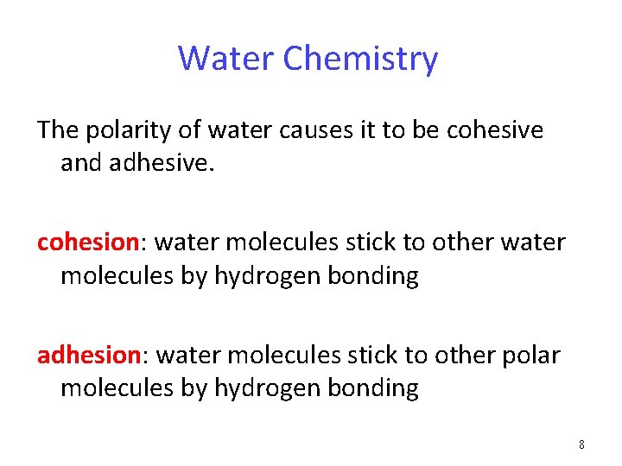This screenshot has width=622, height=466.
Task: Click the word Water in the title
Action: tap(226, 59)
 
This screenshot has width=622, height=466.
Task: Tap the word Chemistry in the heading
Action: tap(360, 59)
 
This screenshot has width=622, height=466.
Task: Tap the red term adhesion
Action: tap(88, 355)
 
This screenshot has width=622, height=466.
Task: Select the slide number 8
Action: tap(581, 444)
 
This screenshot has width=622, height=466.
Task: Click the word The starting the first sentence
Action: tap(58, 130)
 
